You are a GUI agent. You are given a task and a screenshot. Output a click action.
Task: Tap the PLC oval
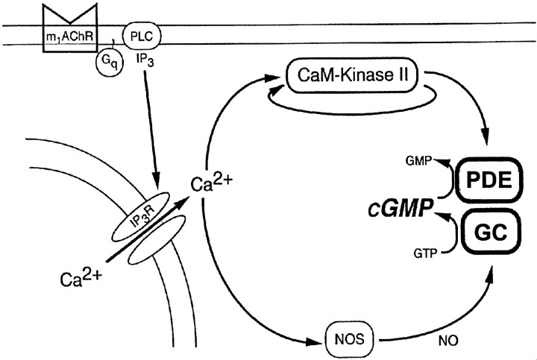(139, 35)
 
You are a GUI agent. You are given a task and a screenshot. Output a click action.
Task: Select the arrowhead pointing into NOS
(316, 343)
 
